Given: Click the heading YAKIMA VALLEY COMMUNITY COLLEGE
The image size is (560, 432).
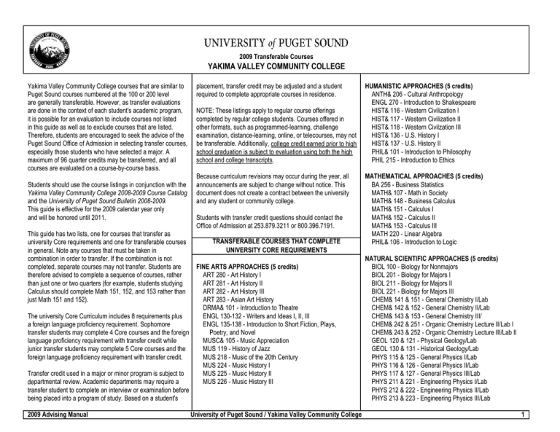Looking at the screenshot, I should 280,64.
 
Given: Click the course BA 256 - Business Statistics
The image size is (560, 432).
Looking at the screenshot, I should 416,186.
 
